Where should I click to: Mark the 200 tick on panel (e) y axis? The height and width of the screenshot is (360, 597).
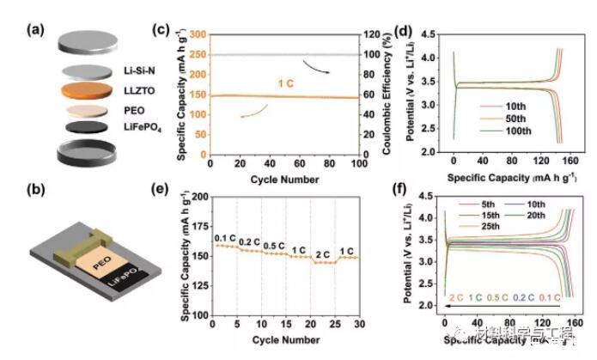201,197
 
